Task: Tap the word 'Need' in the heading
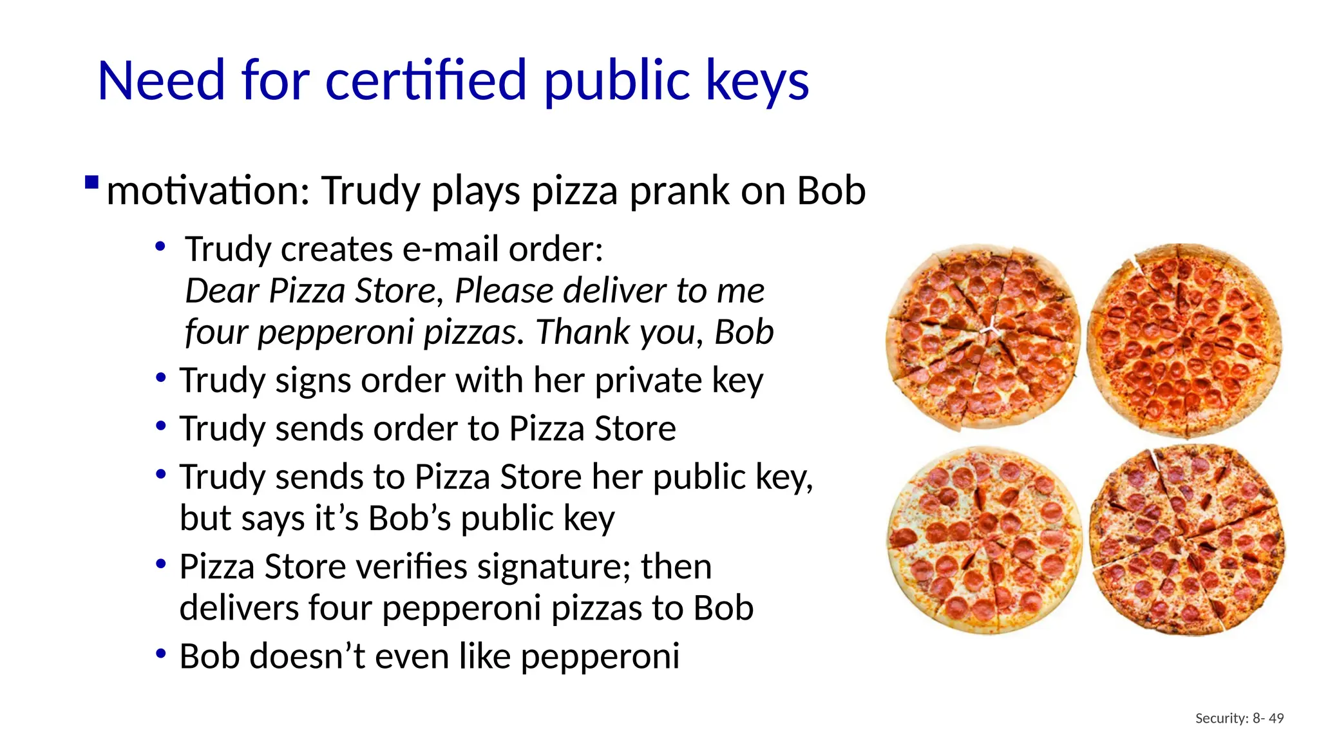click(x=161, y=81)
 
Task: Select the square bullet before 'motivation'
click(x=91, y=182)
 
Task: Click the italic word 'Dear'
click(x=222, y=291)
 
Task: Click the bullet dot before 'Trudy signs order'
click(x=161, y=378)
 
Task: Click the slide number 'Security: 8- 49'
click(x=1239, y=718)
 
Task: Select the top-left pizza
click(x=983, y=337)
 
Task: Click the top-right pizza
click(x=1184, y=339)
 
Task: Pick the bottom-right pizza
click(x=1187, y=540)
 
